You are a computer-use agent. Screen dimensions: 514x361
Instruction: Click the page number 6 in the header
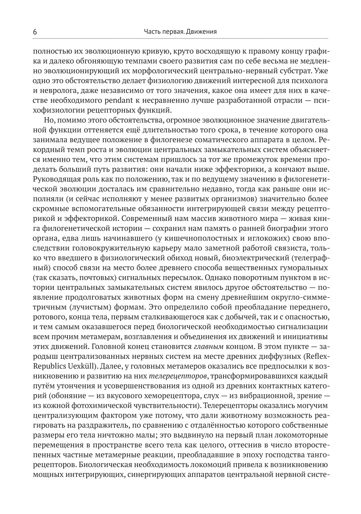[x=35, y=31]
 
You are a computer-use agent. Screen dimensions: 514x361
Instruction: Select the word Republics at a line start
[x=49, y=365]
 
